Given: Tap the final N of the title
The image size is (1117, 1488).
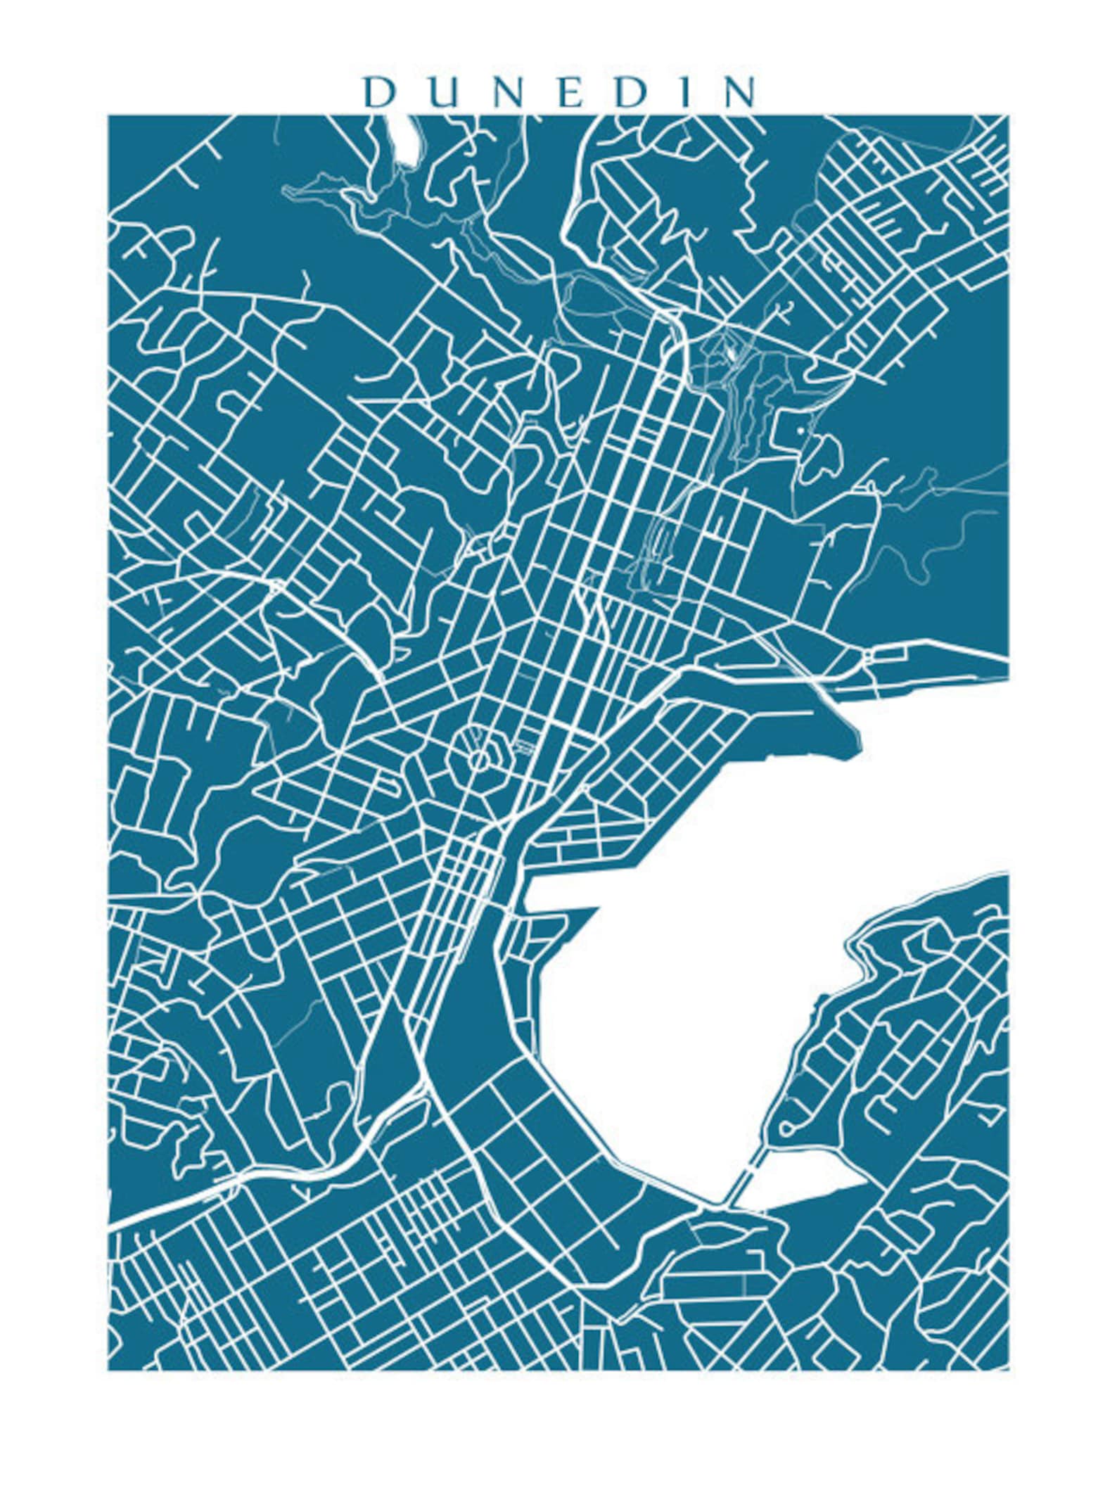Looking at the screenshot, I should [x=736, y=93].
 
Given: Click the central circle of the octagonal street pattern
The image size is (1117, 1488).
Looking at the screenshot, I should [x=478, y=758].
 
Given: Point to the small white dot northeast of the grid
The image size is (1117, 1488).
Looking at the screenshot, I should [x=800, y=427].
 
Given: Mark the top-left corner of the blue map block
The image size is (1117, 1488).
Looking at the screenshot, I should [x=109, y=117].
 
